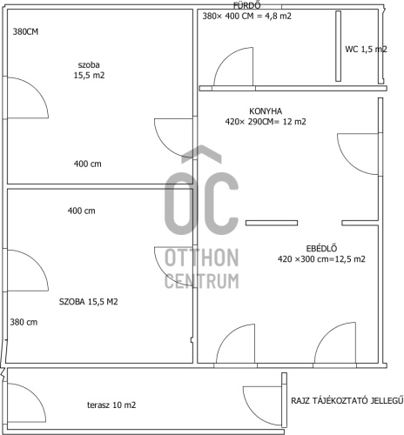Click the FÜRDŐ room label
[246, 5]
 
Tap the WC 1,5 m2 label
[366, 50]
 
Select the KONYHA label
[266, 111]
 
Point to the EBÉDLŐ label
[321, 249]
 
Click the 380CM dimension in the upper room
[25, 31]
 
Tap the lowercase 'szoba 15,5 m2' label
[89, 70]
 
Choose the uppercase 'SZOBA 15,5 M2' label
[89, 302]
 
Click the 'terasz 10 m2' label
[111, 405]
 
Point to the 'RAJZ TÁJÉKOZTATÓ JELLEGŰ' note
[347, 400]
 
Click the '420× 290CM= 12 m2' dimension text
[266, 122]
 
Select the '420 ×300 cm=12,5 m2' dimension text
[321, 259]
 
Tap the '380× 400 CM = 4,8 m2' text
[246, 16]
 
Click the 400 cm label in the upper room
[88, 164]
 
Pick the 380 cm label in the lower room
[24, 322]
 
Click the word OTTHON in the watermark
[202, 258]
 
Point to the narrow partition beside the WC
[338, 46]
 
